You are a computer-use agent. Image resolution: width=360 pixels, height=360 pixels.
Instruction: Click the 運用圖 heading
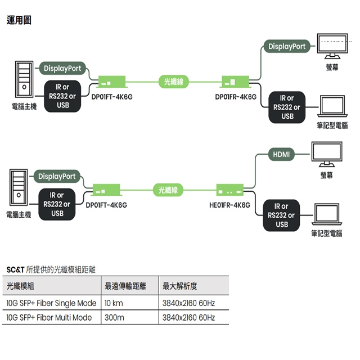click(19, 20)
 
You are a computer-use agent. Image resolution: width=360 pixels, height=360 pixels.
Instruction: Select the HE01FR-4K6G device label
click(229, 205)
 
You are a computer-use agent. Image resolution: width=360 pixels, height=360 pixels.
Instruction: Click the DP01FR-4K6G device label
click(236, 97)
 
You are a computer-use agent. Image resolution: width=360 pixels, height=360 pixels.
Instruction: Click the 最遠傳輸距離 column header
click(125, 286)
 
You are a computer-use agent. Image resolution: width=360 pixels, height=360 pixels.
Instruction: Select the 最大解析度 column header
click(179, 286)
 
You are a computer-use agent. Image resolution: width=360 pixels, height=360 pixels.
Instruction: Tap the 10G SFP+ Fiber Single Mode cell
click(51, 303)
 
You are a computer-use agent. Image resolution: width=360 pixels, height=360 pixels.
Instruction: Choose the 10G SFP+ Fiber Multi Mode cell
click(49, 317)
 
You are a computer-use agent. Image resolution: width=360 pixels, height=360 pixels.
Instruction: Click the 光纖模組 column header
click(20, 286)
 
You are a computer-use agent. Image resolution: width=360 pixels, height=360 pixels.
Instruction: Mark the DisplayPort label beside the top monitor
click(287, 47)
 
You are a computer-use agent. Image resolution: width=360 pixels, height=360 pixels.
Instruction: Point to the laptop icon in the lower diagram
click(328, 215)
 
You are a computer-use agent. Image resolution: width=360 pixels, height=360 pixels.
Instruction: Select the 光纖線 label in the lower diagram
click(168, 190)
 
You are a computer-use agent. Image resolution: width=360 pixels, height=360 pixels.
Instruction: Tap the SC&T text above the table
click(15, 269)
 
